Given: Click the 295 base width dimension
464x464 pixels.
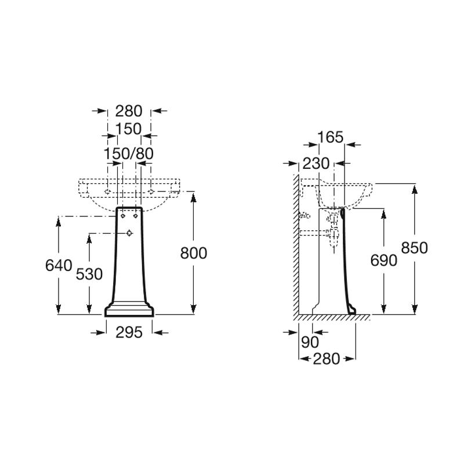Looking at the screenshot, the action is [x=129, y=332].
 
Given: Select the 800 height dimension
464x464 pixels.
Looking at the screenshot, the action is [x=194, y=253].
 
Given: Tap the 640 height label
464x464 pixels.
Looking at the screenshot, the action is [x=59, y=266].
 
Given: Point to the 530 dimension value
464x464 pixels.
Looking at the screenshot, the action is [x=89, y=274].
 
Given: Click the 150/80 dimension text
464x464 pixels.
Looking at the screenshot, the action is [x=128, y=154].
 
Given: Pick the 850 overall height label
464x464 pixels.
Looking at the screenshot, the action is [x=414, y=248].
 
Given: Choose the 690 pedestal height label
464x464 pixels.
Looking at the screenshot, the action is [x=383, y=260].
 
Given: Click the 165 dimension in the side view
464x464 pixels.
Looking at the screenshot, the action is [x=330, y=137].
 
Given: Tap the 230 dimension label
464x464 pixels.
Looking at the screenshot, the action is [x=316, y=164].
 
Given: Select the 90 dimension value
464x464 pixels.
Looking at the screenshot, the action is [x=310, y=342].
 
